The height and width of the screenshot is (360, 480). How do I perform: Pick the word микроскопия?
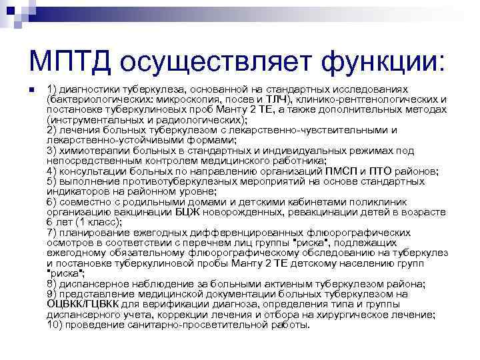187,99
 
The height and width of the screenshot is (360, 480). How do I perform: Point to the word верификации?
167,304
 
